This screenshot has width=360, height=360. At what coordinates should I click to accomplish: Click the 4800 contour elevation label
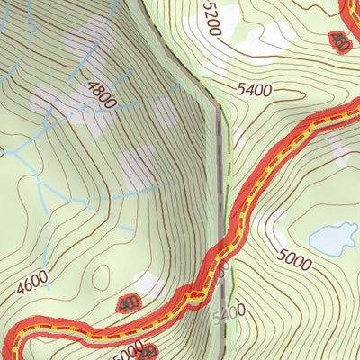101,94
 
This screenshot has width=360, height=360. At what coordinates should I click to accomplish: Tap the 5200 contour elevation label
211,18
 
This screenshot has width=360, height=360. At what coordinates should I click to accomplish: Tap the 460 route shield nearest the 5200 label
339,41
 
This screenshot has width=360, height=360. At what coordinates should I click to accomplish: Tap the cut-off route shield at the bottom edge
148,352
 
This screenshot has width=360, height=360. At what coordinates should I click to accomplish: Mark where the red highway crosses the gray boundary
220,256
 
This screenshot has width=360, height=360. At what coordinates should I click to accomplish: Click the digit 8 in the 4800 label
98,92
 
